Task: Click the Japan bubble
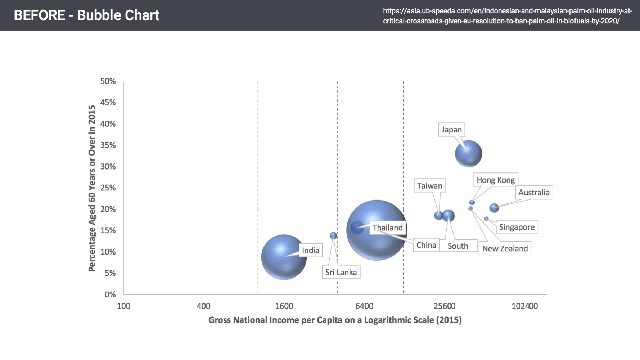[468, 154]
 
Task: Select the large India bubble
[284, 257]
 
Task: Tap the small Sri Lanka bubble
[333, 235]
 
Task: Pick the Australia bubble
[494, 208]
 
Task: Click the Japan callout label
[451, 130]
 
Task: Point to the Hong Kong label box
[495, 180]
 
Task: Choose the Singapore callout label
[517, 227]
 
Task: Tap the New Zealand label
[505, 248]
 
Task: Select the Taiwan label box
[429, 186]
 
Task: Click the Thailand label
[388, 228]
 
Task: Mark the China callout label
[426, 245]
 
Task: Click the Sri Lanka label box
[341, 272]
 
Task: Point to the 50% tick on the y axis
[108, 81]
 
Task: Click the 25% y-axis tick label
[108, 188]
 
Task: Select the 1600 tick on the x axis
[284, 306]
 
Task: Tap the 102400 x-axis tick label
[524, 306]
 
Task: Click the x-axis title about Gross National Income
[335, 320]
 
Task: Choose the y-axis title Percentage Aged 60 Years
[92, 188]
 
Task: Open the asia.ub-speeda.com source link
[507, 16]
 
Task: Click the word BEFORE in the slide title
[40, 15]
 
